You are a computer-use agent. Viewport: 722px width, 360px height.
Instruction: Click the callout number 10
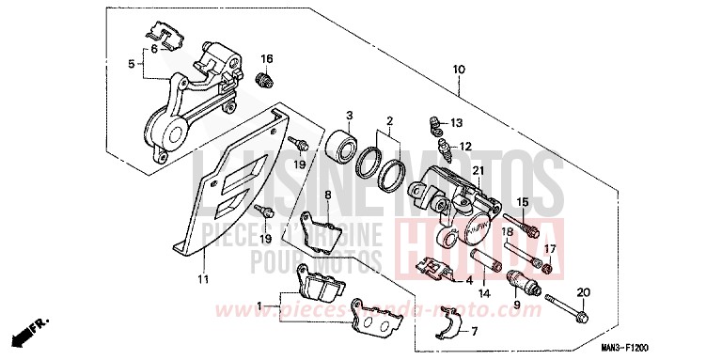(459, 70)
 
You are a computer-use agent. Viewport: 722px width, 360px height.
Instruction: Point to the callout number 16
(267, 58)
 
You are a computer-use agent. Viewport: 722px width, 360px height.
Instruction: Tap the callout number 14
(484, 293)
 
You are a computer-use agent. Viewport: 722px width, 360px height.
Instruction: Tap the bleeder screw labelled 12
(436, 149)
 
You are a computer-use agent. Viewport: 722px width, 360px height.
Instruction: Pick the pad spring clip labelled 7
(450, 328)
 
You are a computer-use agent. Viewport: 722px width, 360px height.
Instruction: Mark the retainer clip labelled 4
(434, 271)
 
